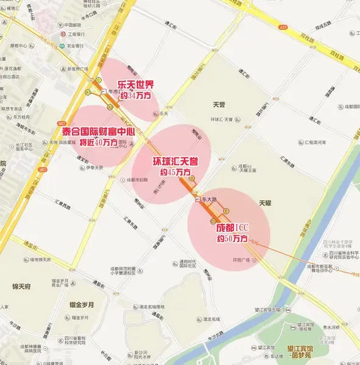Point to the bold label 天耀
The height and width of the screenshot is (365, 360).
click(x=266, y=203)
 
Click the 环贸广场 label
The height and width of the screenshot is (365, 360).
click(x=242, y=260)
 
